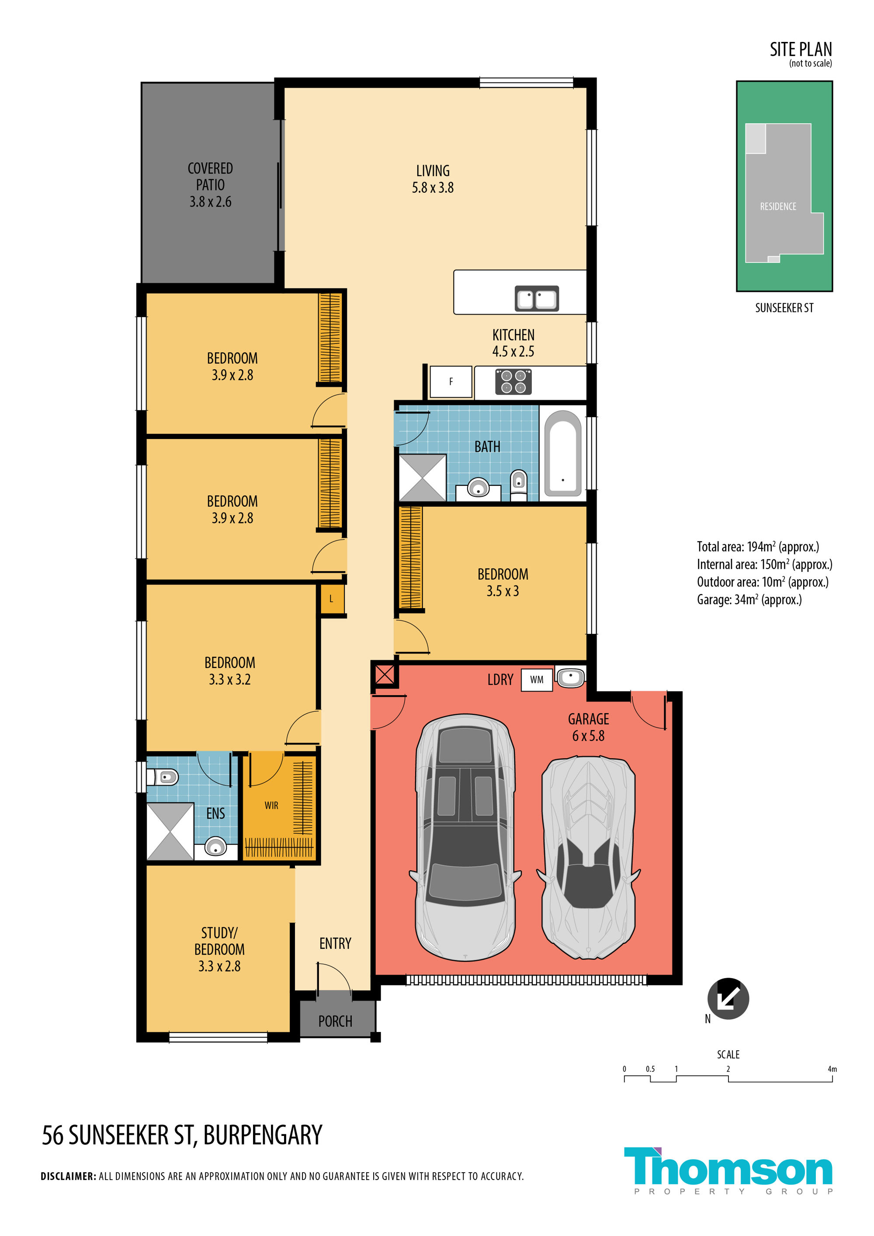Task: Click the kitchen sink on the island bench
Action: (537, 298)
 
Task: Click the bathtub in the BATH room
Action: (563, 453)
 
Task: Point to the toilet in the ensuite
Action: (163, 777)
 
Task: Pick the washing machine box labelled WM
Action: (537, 680)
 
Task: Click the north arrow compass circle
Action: (728, 999)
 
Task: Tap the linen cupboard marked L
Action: (332, 599)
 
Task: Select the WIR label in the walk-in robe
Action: (271, 805)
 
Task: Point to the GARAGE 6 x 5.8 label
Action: (589, 727)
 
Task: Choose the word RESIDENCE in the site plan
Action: (777, 207)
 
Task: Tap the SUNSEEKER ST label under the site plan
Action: (784, 308)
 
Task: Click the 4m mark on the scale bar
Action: (832, 1069)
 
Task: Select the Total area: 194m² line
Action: (758, 547)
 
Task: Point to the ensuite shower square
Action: (170, 832)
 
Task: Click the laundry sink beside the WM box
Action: (570, 677)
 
